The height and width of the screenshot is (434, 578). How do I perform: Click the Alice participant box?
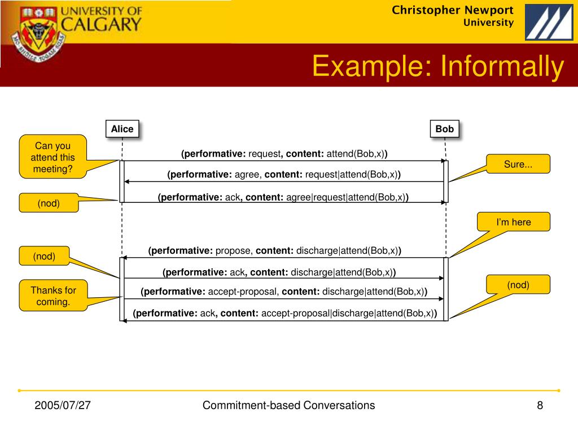(x=122, y=129)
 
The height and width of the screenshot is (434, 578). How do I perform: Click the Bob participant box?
(x=444, y=129)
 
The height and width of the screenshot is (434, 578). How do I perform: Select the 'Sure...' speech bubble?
(x=518, y=164)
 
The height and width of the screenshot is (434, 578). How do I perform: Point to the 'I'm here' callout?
(x=513, y=222)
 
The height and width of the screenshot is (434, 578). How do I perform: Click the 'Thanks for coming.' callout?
(x=53, y=296)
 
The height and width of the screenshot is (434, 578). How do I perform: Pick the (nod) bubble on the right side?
(x=518, y=285)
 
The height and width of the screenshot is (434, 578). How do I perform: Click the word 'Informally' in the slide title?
(x=502, y=67)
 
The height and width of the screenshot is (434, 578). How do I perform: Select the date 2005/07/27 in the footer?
(x=63, y=406)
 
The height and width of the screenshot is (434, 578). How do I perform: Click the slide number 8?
(x=540, y=406)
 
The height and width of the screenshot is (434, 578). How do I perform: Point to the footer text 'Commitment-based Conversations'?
(x=288, y=405)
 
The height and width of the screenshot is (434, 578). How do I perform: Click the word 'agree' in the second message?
(x=247, y=175)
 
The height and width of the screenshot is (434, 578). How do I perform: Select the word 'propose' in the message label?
(x=233, y=251)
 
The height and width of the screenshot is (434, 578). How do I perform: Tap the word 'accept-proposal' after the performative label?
(x=243, y=292)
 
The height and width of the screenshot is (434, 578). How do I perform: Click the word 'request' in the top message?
(x=265, y=154)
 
